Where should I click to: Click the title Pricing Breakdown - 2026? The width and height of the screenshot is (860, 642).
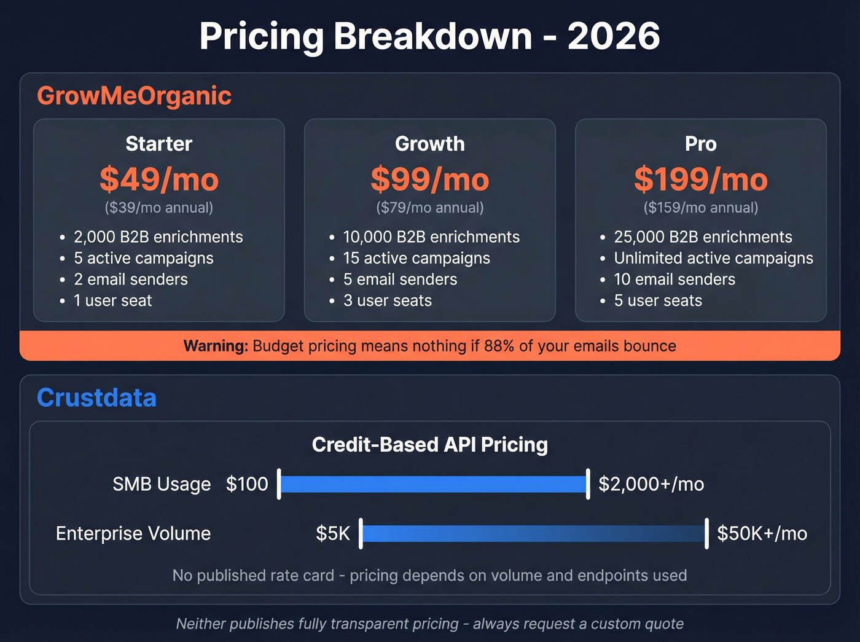[x=429, y=36]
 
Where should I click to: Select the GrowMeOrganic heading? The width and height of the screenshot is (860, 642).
[x=134, y=96]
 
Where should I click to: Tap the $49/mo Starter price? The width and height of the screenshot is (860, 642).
[x=159, y=179]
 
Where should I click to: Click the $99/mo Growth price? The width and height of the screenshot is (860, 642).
[x=429, y=179]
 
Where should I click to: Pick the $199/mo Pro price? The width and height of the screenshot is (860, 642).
[x=700, y=179]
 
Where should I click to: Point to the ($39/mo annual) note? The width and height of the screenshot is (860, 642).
[x=159, y=208]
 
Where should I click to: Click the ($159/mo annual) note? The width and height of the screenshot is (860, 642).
[x=700, y=208]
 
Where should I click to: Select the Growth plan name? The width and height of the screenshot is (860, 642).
[x=429, y=144]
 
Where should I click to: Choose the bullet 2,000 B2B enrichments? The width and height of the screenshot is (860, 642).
[x=158, y=237]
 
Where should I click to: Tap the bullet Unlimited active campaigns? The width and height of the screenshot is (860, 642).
[x=713, y=258]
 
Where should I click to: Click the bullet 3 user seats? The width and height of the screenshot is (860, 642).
[x=387, y=300]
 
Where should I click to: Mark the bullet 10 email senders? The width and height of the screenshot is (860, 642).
[x=674, y=280]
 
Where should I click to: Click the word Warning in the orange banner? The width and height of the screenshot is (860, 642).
[x=215, y=346]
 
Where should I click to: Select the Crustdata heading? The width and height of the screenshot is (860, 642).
[x=96, y=398]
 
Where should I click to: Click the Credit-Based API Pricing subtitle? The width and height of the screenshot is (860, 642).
[x=429, y=445]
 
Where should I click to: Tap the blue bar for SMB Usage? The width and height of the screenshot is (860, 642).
[x=433, y=484]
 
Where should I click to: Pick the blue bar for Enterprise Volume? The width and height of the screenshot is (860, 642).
[x=533, y=533]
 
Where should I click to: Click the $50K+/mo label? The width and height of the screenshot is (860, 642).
[x=762, y=533]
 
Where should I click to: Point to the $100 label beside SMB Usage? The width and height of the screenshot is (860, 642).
[x=246, y=484]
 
